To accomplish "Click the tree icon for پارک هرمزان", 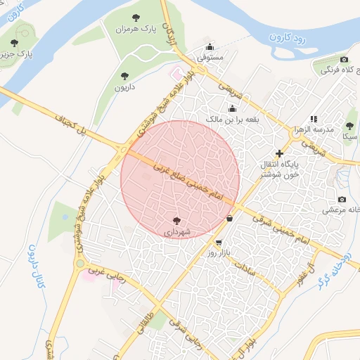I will tap(136, 18).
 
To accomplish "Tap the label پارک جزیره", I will tap(15, 53).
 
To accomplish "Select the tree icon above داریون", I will tap(124, 75).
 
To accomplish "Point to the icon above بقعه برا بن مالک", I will tap(233, 108).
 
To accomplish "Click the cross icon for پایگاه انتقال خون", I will tap(280, 153).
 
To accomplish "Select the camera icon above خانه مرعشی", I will tap(342, 198).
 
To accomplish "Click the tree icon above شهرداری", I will tap(176, 219).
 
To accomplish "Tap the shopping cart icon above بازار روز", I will tap(219, 243).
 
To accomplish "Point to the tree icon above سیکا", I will tap(349, 126).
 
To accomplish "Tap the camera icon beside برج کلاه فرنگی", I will tap(344, 60).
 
